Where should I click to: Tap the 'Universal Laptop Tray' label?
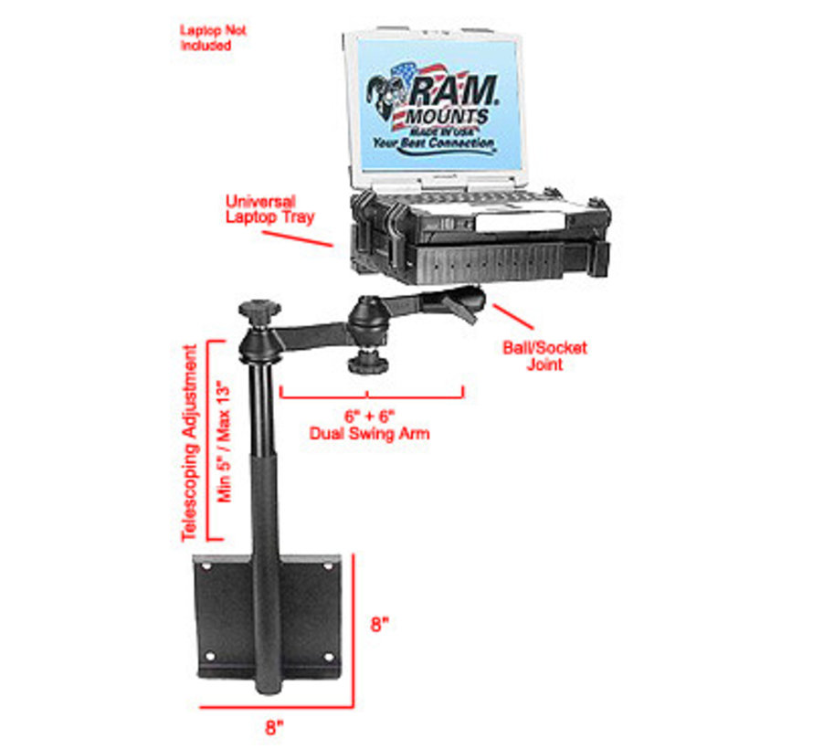[x=269, y=210]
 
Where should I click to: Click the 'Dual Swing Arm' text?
[x=369, y=434]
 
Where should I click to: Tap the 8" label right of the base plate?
[x=381, y=626]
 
